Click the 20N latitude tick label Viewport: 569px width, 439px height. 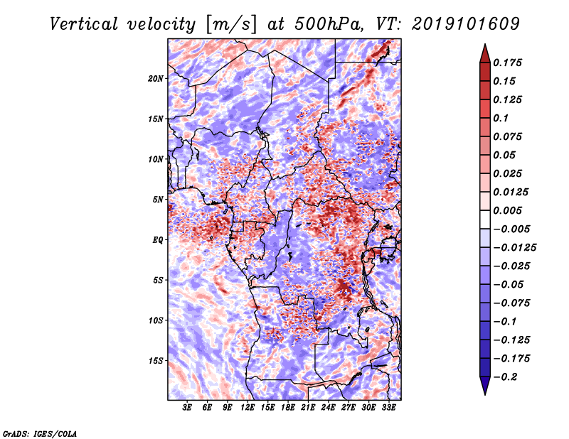click(x=156, y=79)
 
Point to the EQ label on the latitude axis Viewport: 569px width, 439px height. click(x=157, y=240)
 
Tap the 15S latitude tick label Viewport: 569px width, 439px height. click(x=156, y=361)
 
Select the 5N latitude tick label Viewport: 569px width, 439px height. click(x=158, y=200)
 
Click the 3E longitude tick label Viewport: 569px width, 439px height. click(x=187, y=407)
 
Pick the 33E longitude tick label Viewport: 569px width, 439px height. click(x=388, y=407)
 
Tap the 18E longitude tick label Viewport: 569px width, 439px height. click(x=288, y=407)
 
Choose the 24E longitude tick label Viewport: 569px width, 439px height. click(x=328, y=407)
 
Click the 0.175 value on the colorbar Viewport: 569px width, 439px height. click(x=508, y=63)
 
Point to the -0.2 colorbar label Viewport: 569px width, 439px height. click(x=505, y=377)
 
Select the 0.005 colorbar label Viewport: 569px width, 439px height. click(x=508, y=210)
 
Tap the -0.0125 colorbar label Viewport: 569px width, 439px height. click(x=514, y=248)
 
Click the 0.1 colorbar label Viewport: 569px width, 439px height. click(x=501, y=118)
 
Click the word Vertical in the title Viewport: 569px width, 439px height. click(x=84, y=24)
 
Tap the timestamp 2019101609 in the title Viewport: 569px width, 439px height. click(x=466, y=24)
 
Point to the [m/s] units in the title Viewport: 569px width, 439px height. click(x=231, y=25)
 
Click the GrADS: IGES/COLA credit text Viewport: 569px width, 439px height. click(x=40, y=433)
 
